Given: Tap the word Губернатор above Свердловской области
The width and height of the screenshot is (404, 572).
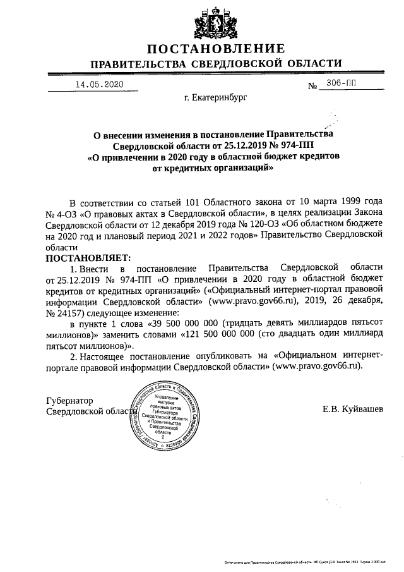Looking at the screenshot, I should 70,401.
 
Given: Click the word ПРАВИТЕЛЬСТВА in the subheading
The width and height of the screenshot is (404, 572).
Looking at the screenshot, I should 138,64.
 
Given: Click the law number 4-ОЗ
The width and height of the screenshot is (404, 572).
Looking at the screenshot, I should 68,214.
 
